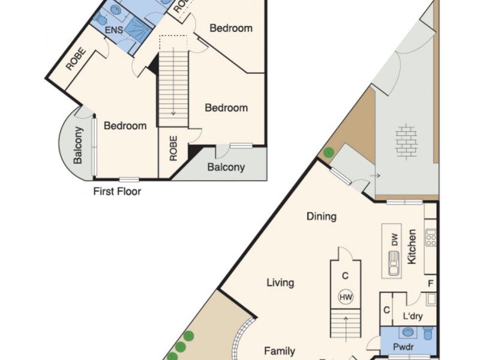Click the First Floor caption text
[117, 192]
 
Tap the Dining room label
[322, 217]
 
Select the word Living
[280, 283]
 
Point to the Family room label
[280, 352]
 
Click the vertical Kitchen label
[412, 247]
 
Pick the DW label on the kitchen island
[395, 240]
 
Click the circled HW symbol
[346, 297]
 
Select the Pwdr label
[400, 347]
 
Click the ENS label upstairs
[114, 29]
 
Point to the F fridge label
[430, 283]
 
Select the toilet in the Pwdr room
[427, 333]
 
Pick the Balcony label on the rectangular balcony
[226, 167]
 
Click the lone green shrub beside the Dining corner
[328, 152]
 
